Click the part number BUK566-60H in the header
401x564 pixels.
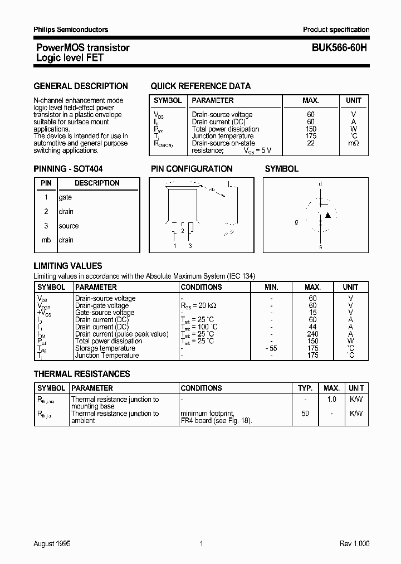point(335,48)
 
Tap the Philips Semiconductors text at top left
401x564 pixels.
point(71,30)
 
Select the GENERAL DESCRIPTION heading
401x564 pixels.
point(81,86)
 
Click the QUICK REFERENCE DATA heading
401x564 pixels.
point(200,86)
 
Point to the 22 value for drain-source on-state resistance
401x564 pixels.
point(311,143)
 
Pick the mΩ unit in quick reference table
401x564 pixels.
point(354,143)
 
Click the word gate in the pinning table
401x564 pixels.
point(65,197)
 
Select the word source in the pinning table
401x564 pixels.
point(69,226)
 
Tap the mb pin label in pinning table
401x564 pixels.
point(46,240)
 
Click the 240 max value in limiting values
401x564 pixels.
point(312,334)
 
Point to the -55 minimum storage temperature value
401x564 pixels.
point(271,348)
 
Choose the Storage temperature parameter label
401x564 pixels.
point(105,348)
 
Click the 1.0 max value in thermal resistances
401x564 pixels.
point(331,400)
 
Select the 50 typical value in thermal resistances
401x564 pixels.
point(305,414)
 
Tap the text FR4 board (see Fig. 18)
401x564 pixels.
point(216,421)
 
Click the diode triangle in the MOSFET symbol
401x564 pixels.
point(328,215)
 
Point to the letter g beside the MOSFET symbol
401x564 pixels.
point(296,221)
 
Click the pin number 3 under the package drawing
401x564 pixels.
point(190,246)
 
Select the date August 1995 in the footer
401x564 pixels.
point(52,544)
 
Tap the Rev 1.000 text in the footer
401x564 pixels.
point(354,544)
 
